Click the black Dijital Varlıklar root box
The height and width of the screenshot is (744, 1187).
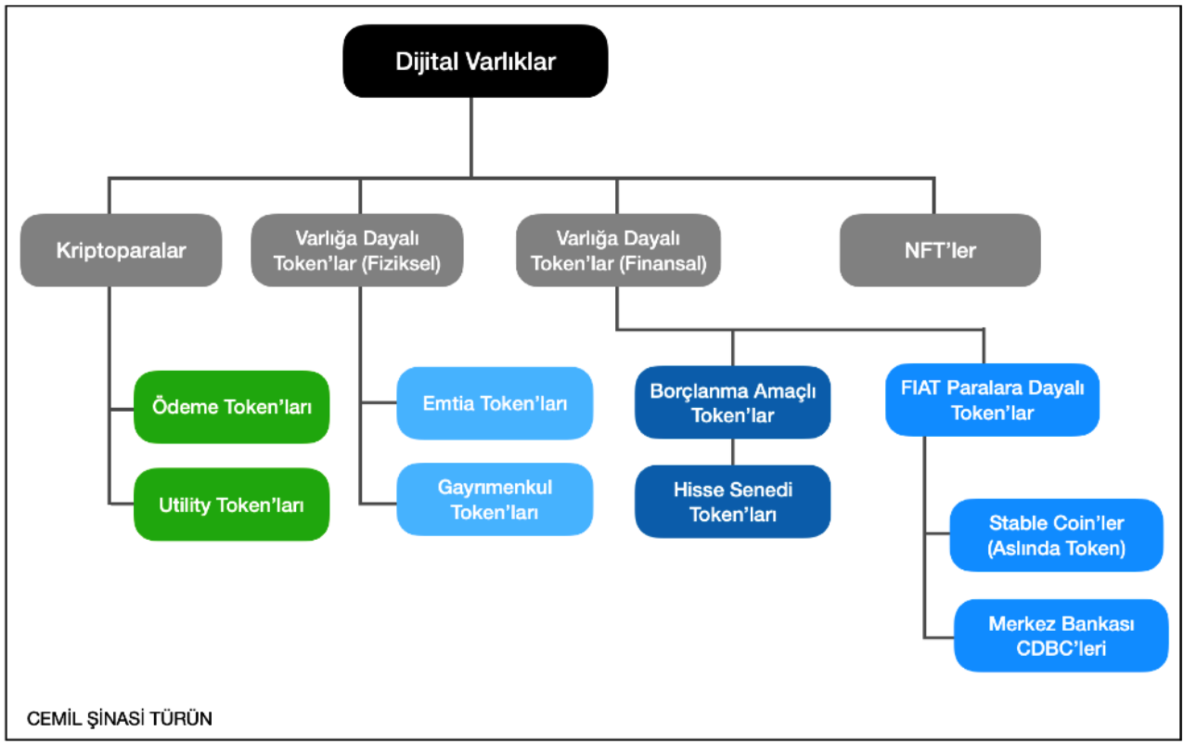[x=475, y=61]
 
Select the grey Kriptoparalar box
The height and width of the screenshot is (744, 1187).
[x=121, y=250]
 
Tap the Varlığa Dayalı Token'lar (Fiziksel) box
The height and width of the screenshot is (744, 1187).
[x=357, y=250]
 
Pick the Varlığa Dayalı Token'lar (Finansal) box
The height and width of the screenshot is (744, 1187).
[x=618, y=250]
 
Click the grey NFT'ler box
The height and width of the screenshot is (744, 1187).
[x=940, y=250]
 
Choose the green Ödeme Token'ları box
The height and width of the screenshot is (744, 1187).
[x=232, y=407]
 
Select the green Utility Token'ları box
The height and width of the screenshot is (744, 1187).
[x=232, y=504]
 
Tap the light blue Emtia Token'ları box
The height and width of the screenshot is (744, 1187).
[x=495, y=403]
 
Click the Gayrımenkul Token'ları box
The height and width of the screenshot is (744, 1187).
[x=495, y=499]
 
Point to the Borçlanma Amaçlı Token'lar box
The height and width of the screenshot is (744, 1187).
[x=733, y=402]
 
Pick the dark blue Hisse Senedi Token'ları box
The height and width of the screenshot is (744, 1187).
[x=733, y=501]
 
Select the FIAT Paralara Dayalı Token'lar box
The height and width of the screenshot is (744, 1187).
[x=992, y=399]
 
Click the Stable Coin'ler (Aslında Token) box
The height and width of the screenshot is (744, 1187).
[x=1056, y=535]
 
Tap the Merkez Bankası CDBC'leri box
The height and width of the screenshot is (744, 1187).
[x=1061, y=635]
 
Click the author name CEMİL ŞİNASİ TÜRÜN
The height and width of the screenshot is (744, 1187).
[x=119, y=719]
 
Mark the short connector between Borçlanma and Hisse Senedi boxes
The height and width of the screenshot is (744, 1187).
[x=733, y=451]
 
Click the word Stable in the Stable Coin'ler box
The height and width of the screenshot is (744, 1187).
[x=1016, y=523]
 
